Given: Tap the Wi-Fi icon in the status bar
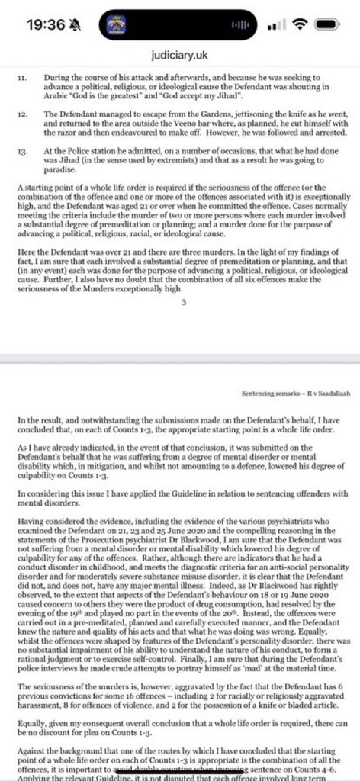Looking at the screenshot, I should (x=304, y=24).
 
